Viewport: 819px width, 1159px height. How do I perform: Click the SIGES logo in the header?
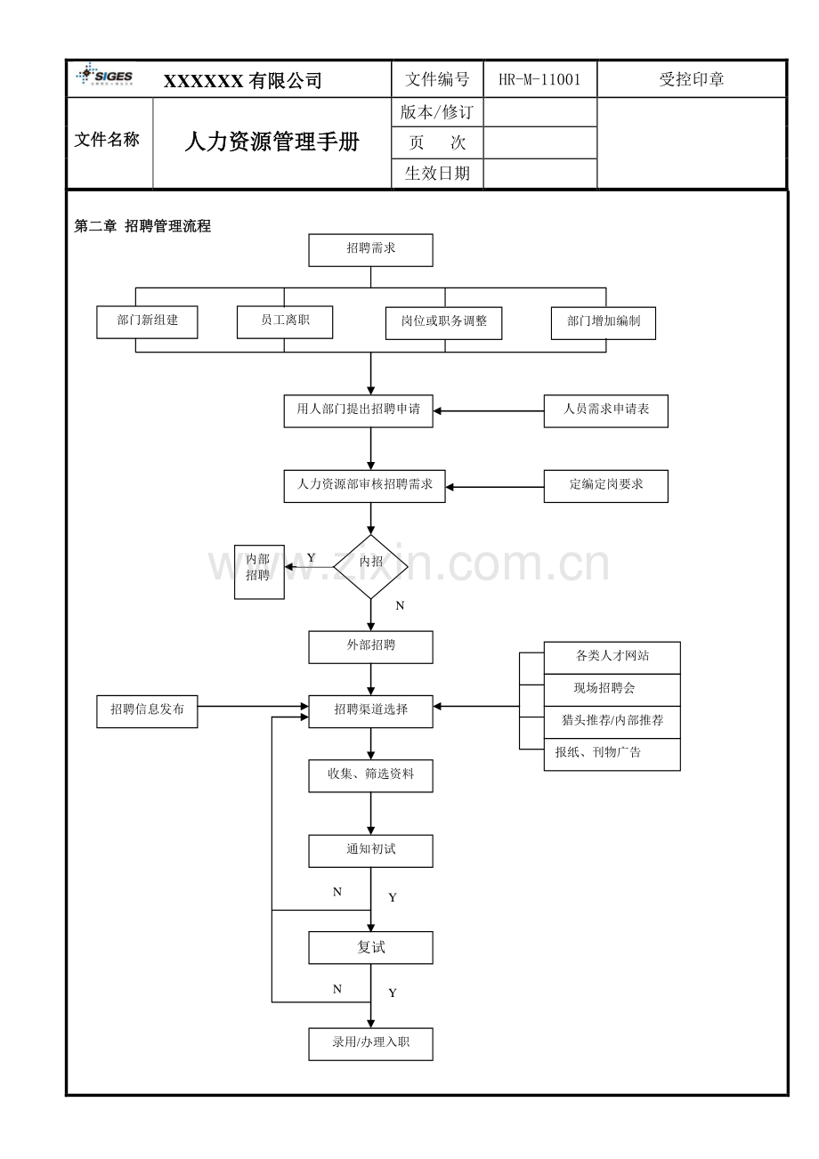[x=105, y=75]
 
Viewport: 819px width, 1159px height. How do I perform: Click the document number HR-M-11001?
[x=539, y=79]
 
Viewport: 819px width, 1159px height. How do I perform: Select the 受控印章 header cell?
[x=692, y=79]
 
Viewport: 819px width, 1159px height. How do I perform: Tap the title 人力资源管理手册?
[x=272, y=142]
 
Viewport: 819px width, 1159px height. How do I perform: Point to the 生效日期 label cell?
[x=437, y=174]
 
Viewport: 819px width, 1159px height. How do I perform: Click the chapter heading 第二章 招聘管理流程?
[x=142, y=226]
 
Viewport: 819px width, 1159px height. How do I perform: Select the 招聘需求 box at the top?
[x=370, y=250]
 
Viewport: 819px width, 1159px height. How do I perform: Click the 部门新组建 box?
[x=147, y=322]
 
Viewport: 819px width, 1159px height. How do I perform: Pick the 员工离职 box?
[x=285, y=322]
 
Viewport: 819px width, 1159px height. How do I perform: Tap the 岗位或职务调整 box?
[x=444, y=323]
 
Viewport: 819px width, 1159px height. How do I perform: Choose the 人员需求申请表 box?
[x=606, y=411]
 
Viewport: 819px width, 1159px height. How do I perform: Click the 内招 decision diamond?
[x=370, y=567]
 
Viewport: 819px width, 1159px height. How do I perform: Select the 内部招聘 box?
[x=259, y=571]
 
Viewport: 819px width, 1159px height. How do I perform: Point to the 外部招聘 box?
[x=370, y=647]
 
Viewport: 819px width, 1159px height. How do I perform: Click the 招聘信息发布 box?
[x=147, y=711]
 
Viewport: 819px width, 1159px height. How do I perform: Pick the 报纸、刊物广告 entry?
[x=612, y=754]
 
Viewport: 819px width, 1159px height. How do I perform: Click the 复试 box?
[x=370, y=947]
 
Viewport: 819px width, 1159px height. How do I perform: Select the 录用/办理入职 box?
[x=370, y=1044]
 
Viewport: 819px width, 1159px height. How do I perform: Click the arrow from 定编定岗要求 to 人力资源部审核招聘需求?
[x=495, y=487]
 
